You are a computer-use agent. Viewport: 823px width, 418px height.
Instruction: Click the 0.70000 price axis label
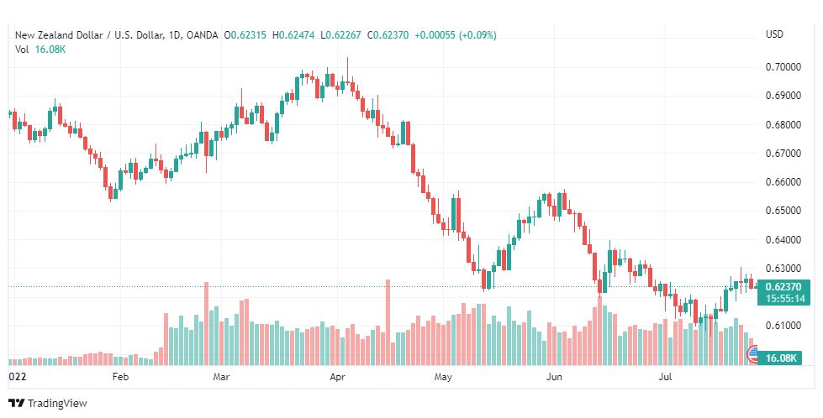[x=783, y=67]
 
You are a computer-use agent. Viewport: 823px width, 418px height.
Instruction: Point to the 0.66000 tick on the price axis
[x=783, y=182]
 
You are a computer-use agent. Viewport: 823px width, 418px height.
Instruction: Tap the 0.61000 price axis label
[x=783, y=326]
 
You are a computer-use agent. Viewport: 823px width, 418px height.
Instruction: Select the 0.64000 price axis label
[x=783, y=240]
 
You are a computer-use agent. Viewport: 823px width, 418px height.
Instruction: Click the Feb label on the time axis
[x=120, y=377]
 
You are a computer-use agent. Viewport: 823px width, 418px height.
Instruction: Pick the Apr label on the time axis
[x=337, y=377]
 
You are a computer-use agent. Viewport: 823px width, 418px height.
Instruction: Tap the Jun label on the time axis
[x=554, y=377]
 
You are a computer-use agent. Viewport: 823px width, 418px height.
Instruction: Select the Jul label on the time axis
[x=666, y=377]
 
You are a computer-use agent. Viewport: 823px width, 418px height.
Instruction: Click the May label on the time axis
[x=443, y=377]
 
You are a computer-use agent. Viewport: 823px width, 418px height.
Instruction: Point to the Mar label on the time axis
[x=221, y=377]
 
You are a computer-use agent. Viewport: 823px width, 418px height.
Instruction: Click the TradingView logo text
[x=57, y=404]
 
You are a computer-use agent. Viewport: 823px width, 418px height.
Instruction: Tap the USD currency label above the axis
[x=774, y=34]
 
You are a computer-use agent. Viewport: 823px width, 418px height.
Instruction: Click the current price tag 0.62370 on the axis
[x=783, y=287]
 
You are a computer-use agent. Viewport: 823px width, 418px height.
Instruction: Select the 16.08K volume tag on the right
[x=781, y=358]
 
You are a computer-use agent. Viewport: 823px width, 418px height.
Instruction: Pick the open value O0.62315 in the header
[x=245, y=35]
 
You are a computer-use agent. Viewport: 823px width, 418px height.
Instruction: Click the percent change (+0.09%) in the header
[x=477, y=35]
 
